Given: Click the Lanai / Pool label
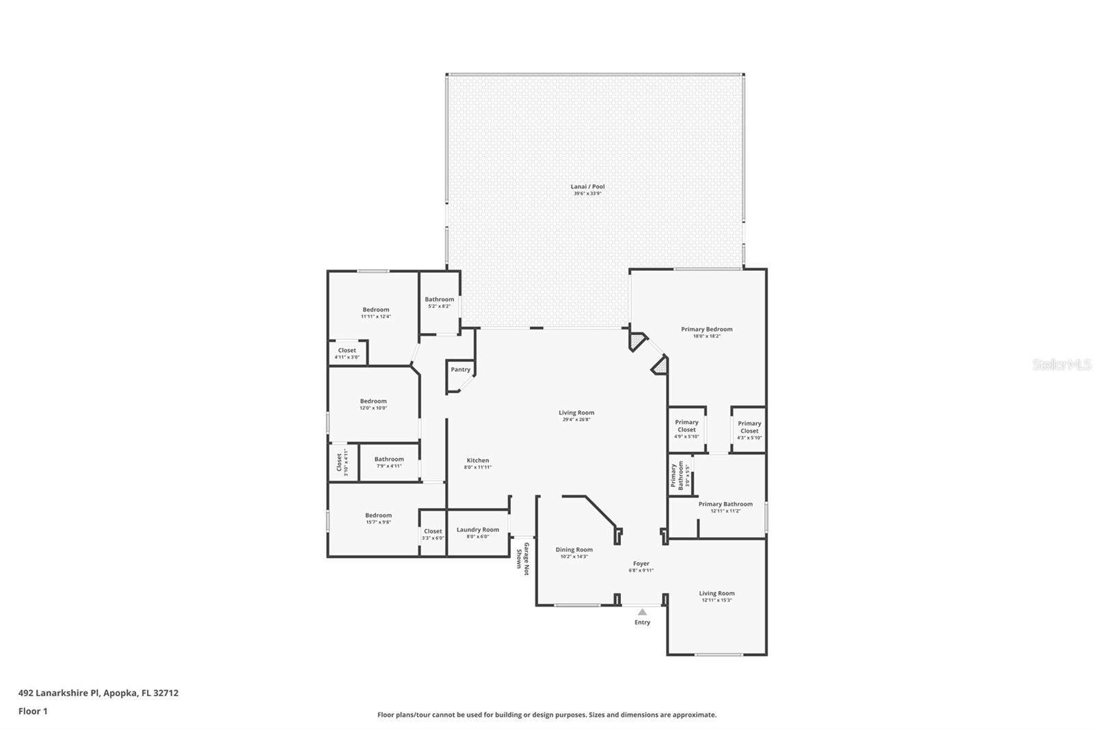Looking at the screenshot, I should click(x=587, y=187).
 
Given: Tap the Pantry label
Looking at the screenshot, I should click(x=460, y=370).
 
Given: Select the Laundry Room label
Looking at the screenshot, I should click(x=477, y=530).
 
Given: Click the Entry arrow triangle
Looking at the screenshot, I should click(x=642, y=612).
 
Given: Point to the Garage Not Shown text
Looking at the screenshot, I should click(x=522, y=555).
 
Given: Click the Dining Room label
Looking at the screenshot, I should click(x=574, y=550).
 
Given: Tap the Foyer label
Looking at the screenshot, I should click(x=641, y=564).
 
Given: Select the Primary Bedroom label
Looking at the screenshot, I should click(x=706, y=330).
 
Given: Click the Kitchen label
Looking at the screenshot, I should click(x=477, y=461).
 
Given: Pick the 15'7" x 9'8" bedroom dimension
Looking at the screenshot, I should click(x=378, y=522).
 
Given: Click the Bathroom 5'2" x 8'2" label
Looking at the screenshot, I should click(x=439, y=300).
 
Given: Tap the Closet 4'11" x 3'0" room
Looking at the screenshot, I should click(x=347, y=353).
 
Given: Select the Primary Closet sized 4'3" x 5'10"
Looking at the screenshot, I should click(x=749, y=427).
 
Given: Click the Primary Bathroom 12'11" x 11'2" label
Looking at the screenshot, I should click(x=725, y=505).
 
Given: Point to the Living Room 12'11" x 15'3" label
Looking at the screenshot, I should click(x=717, y=594).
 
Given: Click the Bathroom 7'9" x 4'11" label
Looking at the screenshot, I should click(x=389, y=460).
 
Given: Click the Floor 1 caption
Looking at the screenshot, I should click(x=33, y=711).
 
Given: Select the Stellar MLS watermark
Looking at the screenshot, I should click(x=1061, y=365).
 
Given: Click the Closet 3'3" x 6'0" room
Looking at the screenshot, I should click(x=433, y=531).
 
